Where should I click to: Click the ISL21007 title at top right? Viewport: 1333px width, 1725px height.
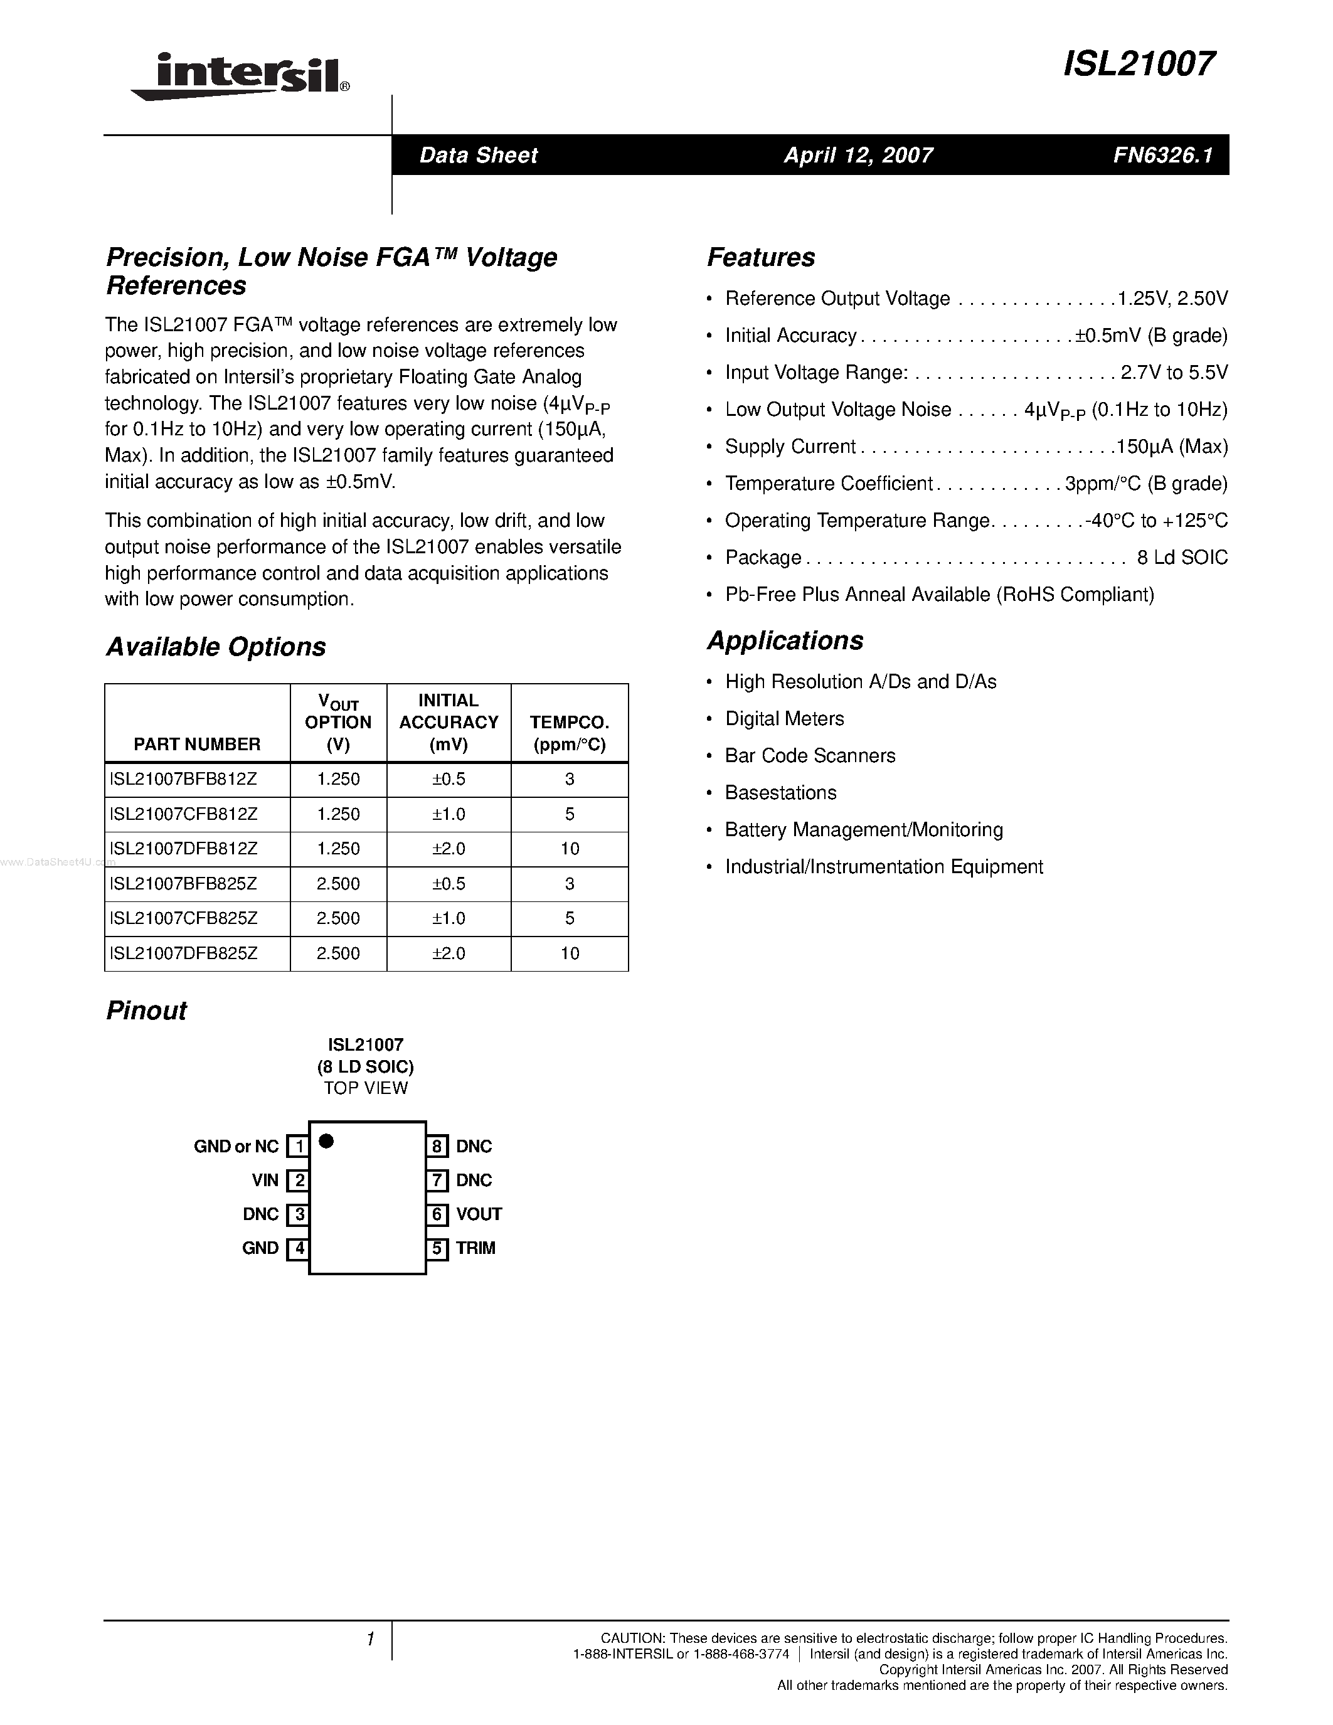1139,65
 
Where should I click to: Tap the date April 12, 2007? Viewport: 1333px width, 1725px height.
858,155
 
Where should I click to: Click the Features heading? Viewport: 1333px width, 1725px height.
760,257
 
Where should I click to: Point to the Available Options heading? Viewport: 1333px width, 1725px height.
216,647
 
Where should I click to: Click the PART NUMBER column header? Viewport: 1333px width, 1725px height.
196,744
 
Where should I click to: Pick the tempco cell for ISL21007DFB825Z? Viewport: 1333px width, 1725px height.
570,953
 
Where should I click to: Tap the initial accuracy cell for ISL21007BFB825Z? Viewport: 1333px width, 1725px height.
449,884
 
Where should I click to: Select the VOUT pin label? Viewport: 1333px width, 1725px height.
479,1214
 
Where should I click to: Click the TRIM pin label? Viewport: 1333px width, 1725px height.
475,1248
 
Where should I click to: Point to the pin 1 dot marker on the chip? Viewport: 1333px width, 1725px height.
326,1141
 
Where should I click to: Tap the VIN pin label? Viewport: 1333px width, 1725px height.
265,1180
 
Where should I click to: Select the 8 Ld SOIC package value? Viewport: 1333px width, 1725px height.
1181,558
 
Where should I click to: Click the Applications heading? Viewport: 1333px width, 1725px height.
785,640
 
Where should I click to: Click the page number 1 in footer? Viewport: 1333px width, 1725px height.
369,1640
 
